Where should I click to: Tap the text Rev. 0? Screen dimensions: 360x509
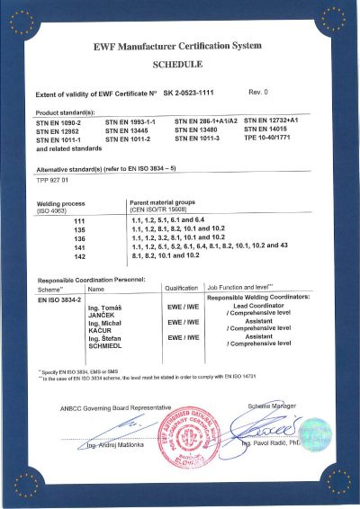(x=258, y=93)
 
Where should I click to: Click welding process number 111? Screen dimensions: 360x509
(x=78, y=220)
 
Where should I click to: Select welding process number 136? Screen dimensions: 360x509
(x=78, y=237)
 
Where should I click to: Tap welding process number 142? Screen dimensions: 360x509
(x=78, y=255)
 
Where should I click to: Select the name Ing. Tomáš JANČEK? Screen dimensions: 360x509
(x=104, y=311)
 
